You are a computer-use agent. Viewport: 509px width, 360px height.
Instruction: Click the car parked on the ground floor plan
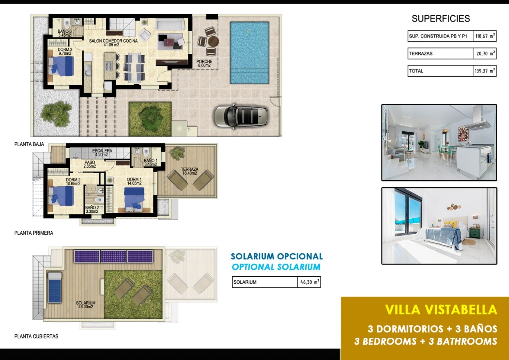click(241, 117)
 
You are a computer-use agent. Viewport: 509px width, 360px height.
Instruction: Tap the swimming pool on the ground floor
click(250, 53)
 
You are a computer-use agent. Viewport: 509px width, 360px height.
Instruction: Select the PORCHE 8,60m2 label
click(204, 63)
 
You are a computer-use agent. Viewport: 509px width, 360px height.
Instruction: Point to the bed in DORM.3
click(61, 66)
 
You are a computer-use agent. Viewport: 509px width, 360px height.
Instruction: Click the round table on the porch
click(213, 42)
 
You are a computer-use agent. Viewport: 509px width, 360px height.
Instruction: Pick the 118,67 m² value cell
click(485, 36)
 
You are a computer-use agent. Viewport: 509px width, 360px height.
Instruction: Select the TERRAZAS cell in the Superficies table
click(440, 53)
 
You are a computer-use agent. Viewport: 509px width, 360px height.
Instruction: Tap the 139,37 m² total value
click(485, 71)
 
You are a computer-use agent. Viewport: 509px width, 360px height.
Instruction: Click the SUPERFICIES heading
click(441, 19)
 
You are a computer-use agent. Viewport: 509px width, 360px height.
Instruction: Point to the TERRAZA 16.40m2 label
click(190, 171)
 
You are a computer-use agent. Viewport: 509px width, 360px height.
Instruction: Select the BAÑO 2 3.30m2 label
click(92, 209)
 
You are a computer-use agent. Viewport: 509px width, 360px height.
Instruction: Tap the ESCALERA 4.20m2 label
click(102, 153)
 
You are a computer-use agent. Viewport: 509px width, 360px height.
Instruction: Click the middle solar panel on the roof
click(113, 257)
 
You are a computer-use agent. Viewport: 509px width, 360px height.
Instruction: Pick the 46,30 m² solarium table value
click(309, 282)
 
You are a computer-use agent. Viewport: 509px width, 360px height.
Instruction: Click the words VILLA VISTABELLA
click(441, 310)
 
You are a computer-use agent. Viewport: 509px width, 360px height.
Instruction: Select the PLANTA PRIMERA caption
click(34, 233)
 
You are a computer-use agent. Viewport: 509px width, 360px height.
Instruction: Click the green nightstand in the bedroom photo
click(475, 233)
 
